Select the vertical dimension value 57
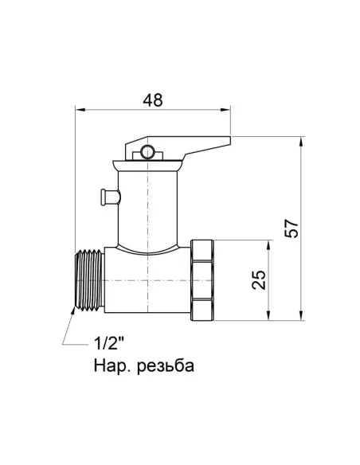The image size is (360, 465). pos(292,229)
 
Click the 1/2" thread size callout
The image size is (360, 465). pos(109,345)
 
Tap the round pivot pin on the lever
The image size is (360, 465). pos(145,151)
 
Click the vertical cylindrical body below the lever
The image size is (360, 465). pos(147,207)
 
